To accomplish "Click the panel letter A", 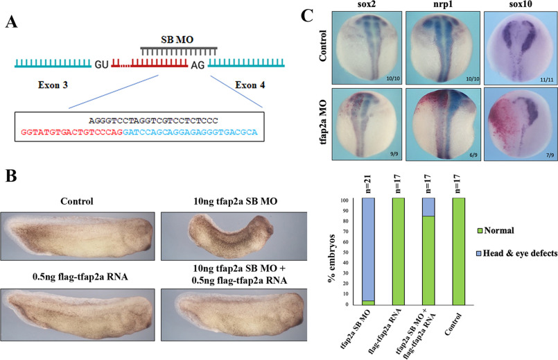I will click(x=12, y=23).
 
